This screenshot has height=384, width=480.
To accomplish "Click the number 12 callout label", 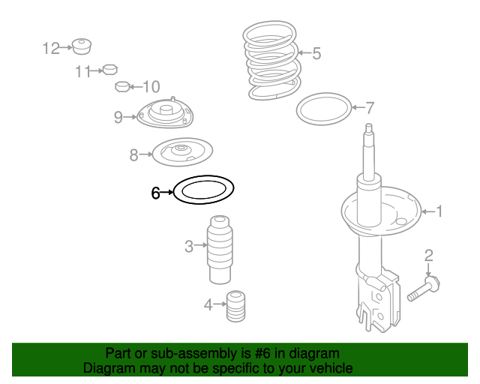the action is [x=51, y=49].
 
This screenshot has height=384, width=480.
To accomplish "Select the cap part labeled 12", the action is [x=82, y=46].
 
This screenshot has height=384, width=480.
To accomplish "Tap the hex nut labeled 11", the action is [x=110, y=70].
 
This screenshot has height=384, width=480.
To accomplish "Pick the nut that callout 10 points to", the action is [x=123, y=87].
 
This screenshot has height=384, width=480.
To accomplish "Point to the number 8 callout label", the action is [x=133, y=155].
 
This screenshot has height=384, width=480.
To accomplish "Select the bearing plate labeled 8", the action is [x=182, y=152].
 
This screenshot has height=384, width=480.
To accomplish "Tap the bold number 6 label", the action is [x=155, y=193].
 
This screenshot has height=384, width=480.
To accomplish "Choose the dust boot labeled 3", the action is [x=220, y=250].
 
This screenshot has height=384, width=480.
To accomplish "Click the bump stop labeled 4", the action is [x=235, y=306].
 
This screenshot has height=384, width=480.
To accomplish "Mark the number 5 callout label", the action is [x=316, y=53].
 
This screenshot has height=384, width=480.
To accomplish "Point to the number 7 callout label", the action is [x=370, y=108].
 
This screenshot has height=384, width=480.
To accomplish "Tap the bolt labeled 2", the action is [x=424, y=288].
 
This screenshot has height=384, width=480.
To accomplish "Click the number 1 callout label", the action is [x=439, y=211].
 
